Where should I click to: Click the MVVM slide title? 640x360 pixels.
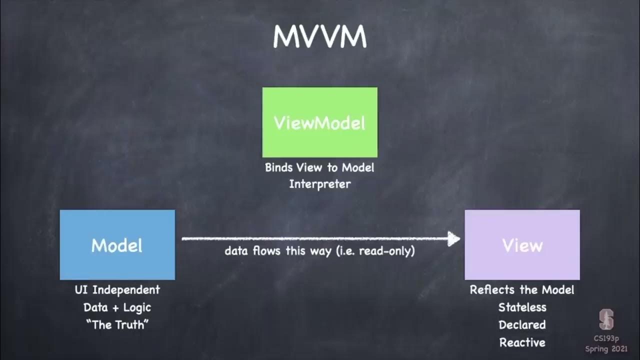(320, 37)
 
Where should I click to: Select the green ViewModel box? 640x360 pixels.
(320, 122)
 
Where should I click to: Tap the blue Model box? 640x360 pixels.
(117, 245)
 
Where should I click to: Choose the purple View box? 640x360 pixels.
(522, 245)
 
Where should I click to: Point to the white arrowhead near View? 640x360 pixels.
(454, 238)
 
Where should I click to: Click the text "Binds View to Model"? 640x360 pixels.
(319, 167)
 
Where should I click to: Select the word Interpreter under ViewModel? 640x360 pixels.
(320, 184)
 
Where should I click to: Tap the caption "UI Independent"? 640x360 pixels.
(117, 290)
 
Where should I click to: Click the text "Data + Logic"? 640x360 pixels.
(117, 307)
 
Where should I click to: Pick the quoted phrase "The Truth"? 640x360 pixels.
(117, 325)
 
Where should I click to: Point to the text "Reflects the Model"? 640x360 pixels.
(522, 290)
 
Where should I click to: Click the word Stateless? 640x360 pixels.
(522, 307)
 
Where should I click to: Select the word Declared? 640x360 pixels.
(522, 325)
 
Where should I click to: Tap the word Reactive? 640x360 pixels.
(522, 342)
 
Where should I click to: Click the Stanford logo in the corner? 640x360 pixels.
(606, 320)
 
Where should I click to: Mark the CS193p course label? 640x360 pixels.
(606, 338)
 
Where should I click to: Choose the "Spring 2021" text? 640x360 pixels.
(606, 348)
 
